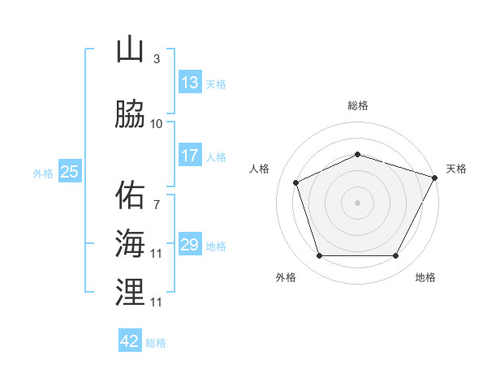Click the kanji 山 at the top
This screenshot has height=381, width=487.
click(130, 50)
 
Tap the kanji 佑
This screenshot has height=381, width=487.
click(130, 195)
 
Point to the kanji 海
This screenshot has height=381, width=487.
click(130, 243)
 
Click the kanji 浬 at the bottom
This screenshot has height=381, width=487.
click(130, 291)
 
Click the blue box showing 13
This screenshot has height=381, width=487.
click(189, 83)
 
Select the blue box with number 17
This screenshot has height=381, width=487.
click(189, 156)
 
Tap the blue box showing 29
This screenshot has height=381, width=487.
click(189, 245)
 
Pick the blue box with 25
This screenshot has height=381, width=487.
click(69, 171)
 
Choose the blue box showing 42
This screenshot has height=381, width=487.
click(130, 341)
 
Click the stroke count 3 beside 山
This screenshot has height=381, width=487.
click(156, 59)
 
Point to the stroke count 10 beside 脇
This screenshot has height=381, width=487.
click(156, 124)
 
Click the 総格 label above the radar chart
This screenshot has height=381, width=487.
click(358, 105)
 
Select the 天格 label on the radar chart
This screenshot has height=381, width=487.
click(456, 169)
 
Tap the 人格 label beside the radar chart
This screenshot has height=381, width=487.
click(259, 169)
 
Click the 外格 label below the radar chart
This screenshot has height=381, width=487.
click(286, 277)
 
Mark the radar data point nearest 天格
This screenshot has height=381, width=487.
click(435, 177)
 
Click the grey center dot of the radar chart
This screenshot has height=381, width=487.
click(358, 202)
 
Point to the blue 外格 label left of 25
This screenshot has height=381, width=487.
click(43, 173)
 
